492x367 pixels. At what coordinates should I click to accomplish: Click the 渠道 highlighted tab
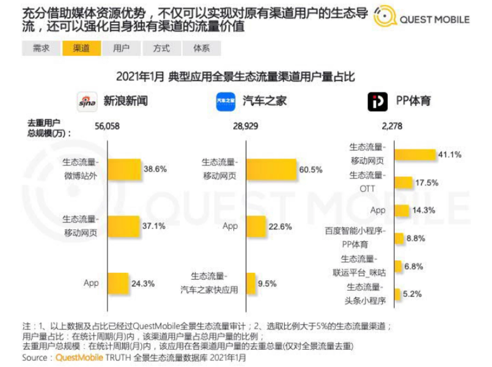click(x=81, y=48)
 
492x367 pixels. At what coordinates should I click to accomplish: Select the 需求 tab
click(x=41, y=48)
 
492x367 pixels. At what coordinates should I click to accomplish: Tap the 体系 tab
click(x=201, y=48)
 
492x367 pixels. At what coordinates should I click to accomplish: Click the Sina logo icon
click(x=87, y=102)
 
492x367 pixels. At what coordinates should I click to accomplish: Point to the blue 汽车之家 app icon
click(x=226, y=102)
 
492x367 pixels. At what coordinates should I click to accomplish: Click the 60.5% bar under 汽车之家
click(x=271, y=169)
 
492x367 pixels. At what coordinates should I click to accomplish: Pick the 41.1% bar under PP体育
click(x=415, y=155)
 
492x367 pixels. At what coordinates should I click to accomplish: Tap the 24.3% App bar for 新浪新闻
click(x=118, y=283)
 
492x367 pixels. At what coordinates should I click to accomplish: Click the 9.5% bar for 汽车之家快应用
click(x=251, y=283)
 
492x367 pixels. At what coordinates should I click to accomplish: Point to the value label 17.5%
click(x=427, y=183)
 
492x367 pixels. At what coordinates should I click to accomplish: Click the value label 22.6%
click(x=280, y=227)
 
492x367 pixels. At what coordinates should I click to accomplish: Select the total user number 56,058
click(x=107, y=126)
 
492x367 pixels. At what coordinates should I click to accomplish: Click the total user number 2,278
click(x=392, y=126)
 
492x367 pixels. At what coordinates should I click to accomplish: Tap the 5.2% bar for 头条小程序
click(x=397, y=294)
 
